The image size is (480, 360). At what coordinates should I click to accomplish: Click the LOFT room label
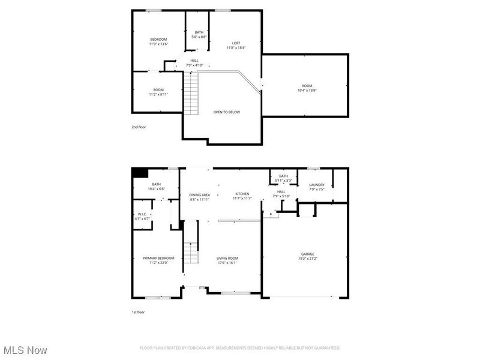236,43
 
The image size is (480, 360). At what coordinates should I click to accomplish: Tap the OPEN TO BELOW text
227,112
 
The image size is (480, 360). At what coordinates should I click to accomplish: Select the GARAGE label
307,254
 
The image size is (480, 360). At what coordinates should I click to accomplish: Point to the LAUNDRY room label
317,185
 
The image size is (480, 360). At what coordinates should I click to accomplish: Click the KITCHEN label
242,194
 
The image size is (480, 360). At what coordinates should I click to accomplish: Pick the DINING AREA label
199,195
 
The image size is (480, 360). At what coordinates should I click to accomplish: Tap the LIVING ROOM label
227,258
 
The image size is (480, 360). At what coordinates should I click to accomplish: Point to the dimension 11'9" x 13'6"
158,44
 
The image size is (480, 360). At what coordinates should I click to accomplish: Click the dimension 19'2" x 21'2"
307,259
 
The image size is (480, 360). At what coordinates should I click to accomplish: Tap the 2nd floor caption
139,127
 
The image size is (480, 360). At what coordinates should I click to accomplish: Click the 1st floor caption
138,312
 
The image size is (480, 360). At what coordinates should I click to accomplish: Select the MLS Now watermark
25,350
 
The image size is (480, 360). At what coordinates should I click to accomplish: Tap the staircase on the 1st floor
191,243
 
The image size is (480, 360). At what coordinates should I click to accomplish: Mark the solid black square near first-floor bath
139,173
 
